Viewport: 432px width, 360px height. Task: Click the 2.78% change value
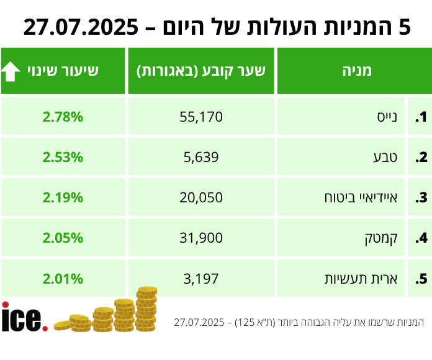coord(63,117)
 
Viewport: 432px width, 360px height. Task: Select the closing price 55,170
coord(201,117)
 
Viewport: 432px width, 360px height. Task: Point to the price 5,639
coord(201,157)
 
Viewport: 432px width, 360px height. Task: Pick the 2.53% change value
coord(63,157)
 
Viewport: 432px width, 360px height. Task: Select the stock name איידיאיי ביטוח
coord(361,198)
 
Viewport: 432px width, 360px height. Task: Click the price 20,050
coord(201,198)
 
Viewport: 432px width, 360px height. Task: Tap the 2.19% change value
coord(63,198)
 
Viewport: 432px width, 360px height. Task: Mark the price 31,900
coord(201,238)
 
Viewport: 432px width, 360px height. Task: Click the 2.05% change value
coord(63,238)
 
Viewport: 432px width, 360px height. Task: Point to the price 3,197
coord(201,279)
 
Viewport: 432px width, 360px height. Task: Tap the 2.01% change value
coord(63,279)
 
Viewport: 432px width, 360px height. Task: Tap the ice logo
coord(24,317)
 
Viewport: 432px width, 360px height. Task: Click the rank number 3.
coord(422,198)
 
